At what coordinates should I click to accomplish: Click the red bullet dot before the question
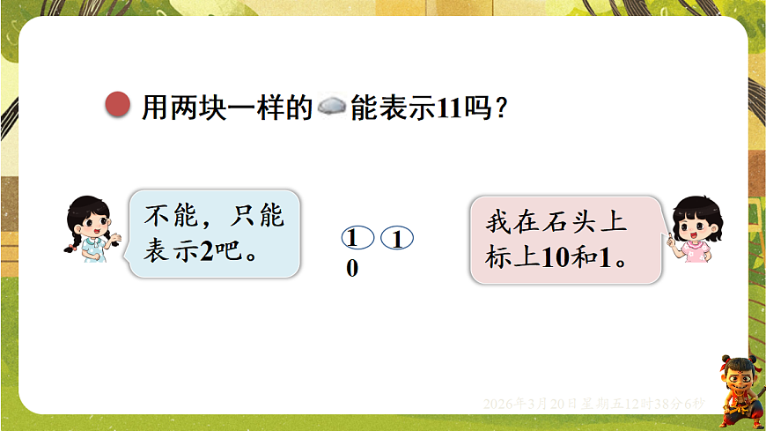click(117, 106)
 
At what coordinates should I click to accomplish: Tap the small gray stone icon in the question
click(331, 108)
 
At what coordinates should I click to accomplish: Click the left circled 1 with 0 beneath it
click(352, 239)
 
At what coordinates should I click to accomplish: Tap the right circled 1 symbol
click(397, 239)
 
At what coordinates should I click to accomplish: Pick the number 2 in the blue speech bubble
click(208, 253)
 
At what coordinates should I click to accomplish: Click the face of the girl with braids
click(91, 224)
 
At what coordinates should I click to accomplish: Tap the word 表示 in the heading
click(393, 108)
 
